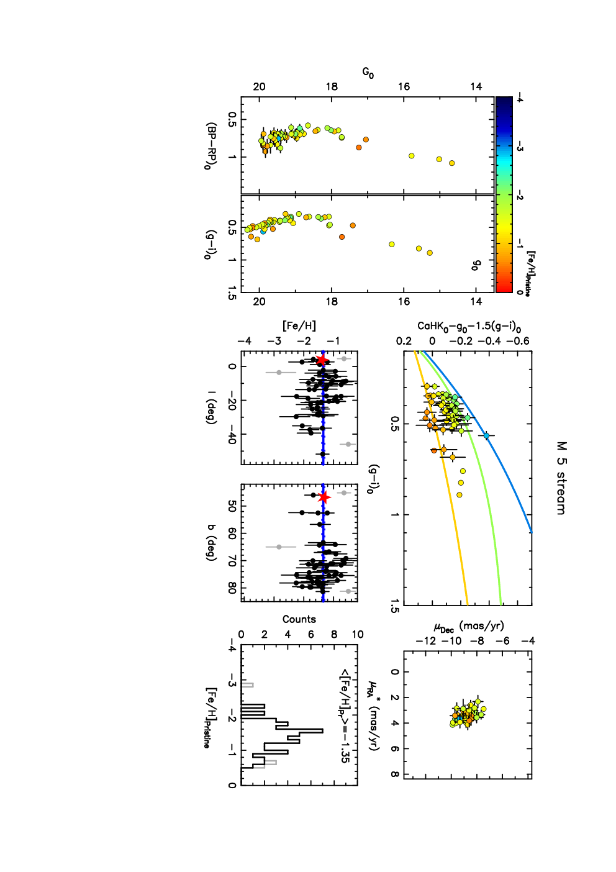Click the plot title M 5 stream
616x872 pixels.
point(561,478)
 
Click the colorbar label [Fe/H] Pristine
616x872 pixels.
point(530,273)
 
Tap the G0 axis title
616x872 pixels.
point(368,73)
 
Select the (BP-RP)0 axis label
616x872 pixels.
point(211,147)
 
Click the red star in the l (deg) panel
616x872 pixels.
point(322,360)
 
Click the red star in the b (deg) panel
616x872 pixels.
point(324,497)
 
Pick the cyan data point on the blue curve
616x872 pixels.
point(486,435)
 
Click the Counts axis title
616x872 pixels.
point(299,619)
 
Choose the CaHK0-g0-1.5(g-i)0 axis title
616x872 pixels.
point(469,326)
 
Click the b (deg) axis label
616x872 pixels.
point(211,543)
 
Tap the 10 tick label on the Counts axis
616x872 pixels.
point(357,634)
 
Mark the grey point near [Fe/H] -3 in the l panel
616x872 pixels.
point(279,373)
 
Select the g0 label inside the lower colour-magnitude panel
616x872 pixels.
point(476,265)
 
